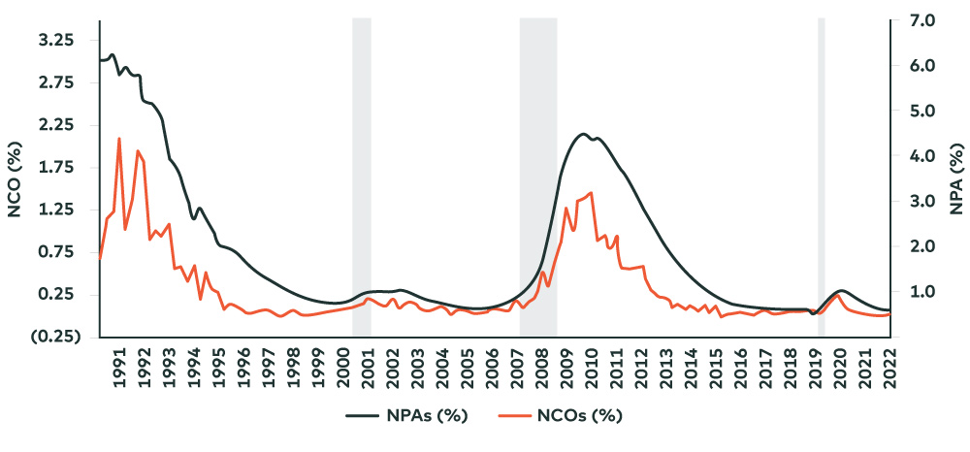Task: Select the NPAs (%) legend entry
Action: coord(408,415)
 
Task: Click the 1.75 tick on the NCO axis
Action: coord(57,168)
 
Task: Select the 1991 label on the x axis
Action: coord(119,368)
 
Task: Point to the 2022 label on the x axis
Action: coord(889,368)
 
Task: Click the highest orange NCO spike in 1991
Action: coord(119,139)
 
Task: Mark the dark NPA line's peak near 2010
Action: coord(583,135)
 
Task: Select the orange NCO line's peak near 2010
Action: coord(591,193)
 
